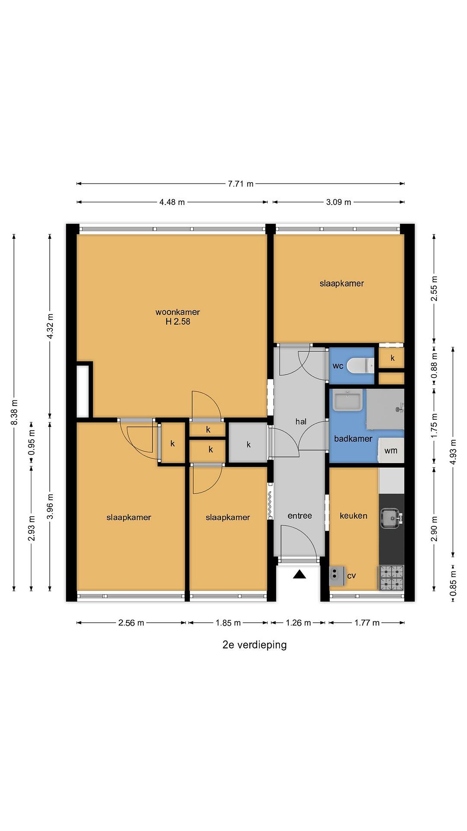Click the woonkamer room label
tap(178, 312)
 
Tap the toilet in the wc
tap(362, 365)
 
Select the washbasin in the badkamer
tap(348, 400)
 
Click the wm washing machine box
tap(391, 450)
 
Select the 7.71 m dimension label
tap(240, 184)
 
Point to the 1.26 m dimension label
tap(298, 623)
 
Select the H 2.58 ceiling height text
tap(178, 321)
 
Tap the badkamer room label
tap(353, 439)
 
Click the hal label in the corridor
tap(301, 421)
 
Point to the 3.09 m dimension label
tap(338, 202)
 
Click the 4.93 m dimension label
tap(453, 452)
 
